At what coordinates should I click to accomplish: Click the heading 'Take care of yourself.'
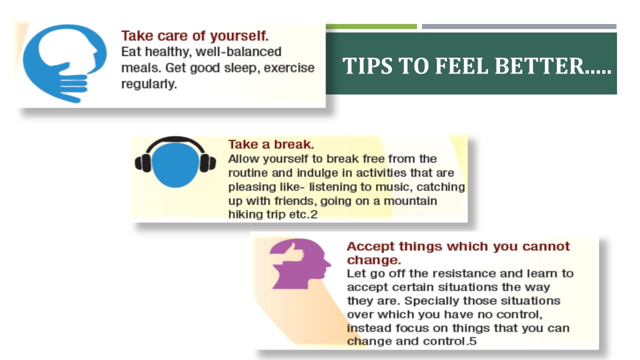(195, 36)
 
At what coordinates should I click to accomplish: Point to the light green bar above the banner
(371, 26)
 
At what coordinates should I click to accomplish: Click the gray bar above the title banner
(519, 26)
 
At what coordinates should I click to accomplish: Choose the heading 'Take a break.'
(271, 144)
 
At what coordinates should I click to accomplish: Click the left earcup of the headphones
(143, 163)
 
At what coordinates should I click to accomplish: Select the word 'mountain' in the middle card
(410, 201)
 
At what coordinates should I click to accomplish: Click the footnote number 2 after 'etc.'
(313, 214)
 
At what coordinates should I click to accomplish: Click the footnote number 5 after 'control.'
(473, 341)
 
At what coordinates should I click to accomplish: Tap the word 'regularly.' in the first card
(149, 84)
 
